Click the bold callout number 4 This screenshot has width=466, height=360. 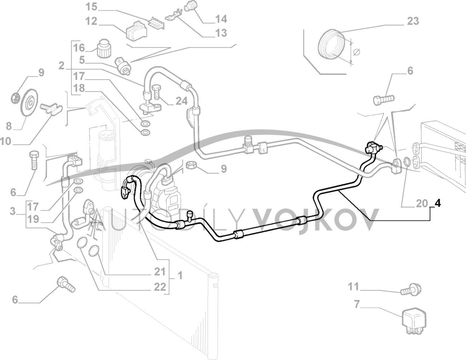438,203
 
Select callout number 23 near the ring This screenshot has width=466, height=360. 413,21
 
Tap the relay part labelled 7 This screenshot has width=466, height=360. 414,319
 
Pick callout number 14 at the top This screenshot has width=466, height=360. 220,19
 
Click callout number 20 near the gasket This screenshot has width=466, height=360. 422,203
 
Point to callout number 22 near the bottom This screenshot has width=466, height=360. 159,286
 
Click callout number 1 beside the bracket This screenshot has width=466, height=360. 180,276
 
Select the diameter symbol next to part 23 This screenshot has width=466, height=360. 357,52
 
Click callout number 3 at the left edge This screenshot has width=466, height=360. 13,211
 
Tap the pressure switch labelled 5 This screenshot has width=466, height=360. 122,64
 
